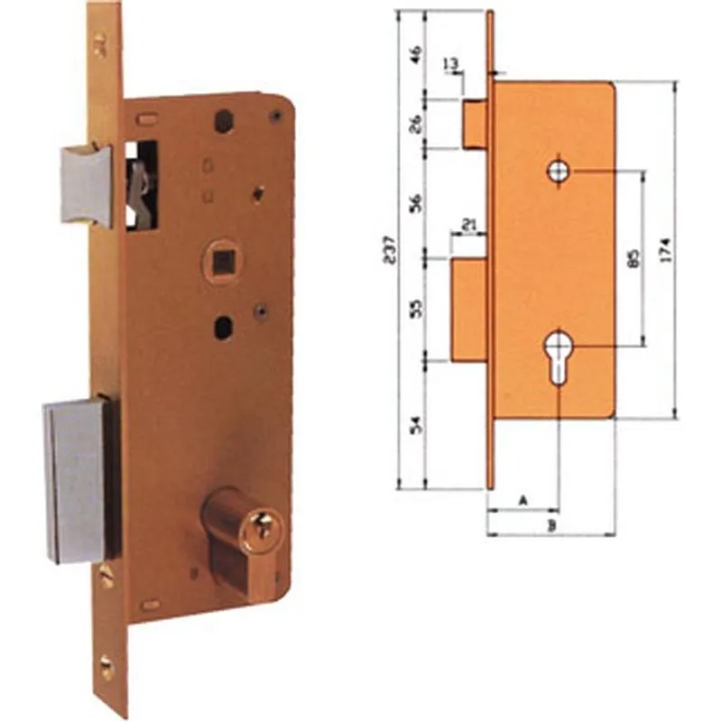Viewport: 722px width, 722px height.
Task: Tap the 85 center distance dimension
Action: coord(632,259)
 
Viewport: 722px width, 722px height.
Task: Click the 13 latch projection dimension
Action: coord(451,63)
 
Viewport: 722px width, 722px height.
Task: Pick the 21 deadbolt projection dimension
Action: coord(468,224)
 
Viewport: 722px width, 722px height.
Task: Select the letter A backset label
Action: coord(522,498)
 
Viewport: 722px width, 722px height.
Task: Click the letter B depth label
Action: coord(551,524)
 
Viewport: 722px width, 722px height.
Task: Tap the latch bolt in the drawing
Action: coord(475,124)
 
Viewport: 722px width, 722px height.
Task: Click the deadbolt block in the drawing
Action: coord(469,310)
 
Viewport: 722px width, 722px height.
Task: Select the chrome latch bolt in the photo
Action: coord(87,186)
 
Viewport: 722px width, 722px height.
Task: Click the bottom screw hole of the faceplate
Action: coord(106,669)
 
